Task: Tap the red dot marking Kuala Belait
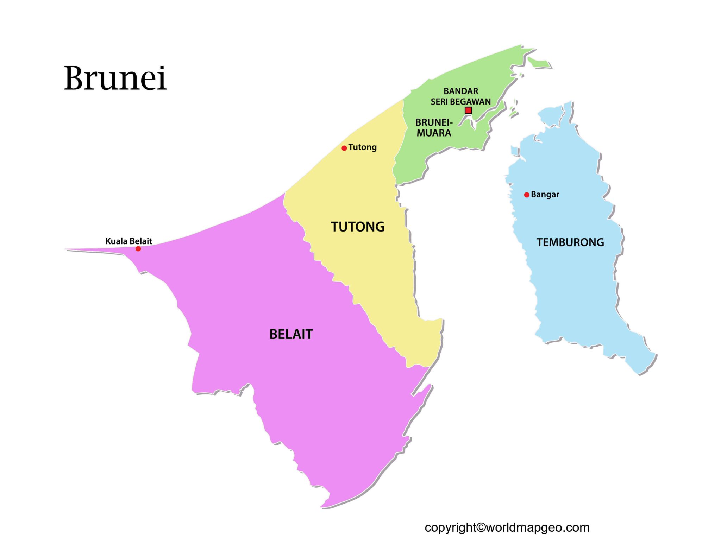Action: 138,249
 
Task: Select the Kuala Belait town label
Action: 128,241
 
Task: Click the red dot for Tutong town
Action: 344,148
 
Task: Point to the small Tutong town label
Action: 362,147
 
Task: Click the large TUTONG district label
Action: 357,227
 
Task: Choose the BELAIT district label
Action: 291,334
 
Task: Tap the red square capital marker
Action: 468,110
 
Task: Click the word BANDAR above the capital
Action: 460,91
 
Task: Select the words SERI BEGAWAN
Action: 460,102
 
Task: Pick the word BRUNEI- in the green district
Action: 434,122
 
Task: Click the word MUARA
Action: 434,133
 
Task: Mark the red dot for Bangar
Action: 527,195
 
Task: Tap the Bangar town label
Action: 545,194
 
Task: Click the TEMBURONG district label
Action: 570,242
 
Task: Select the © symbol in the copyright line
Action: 481,527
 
